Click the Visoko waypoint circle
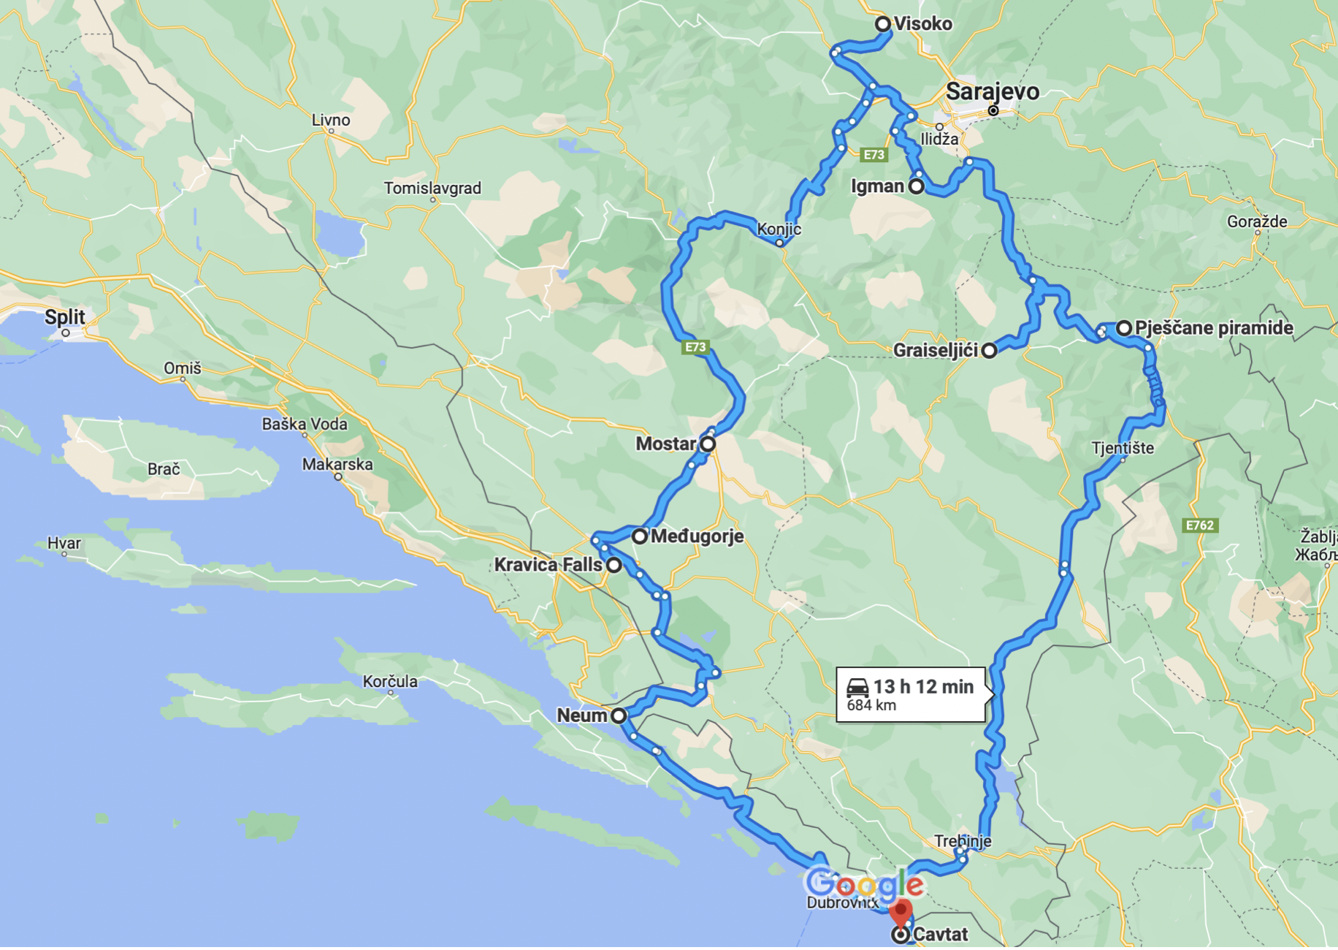tap(882, 24)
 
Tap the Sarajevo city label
tap(992, 92)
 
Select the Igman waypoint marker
tap(916, 186)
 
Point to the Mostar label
tap(665, 444)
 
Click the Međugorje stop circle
tap(639, 536)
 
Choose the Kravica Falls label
tap(548, 565)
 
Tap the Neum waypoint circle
tap(619, 715)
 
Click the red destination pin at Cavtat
tap(901, 913)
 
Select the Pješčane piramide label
tap(1214, 328)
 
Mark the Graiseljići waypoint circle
tap(989, 351)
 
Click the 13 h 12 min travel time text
tap(923, 687)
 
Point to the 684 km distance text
tap(871, 705)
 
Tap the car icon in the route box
tap(857, 687)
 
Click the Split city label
tap(64, 317)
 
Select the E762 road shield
tap(1199, 525)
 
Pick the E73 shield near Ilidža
tap(873, 154)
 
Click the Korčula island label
tap(390, 682)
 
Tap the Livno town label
tap(331, 120)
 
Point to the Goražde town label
tap(1257, 221)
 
